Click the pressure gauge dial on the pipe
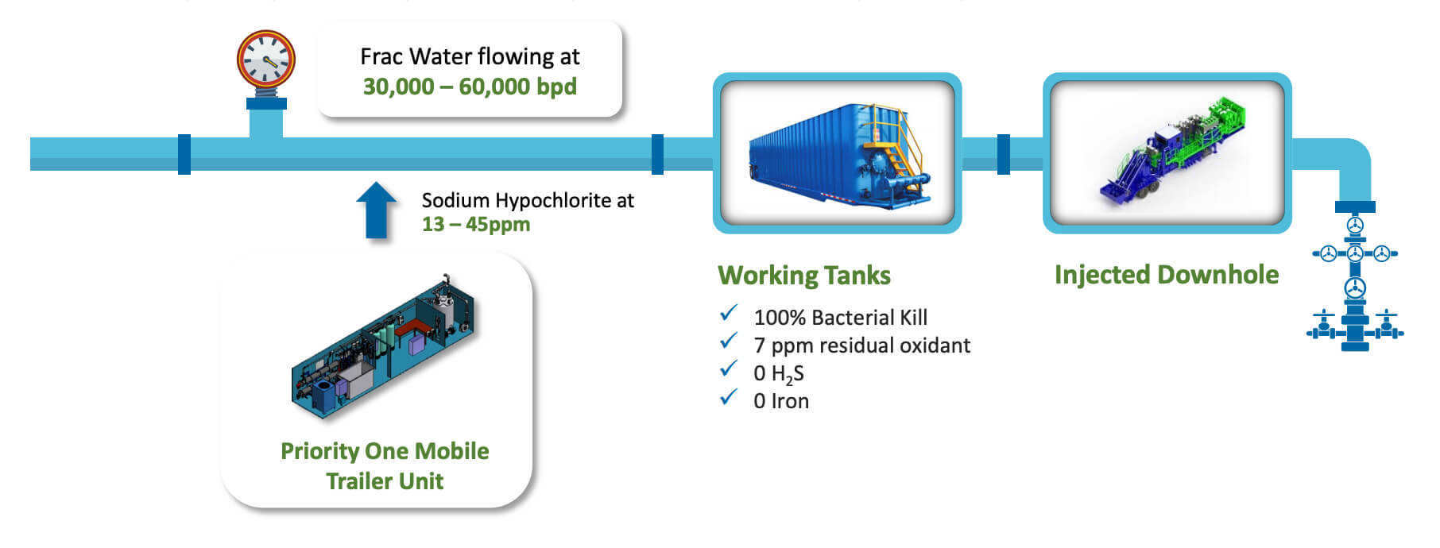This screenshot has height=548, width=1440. (x=266, y=60)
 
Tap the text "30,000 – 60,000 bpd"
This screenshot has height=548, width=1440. (x=470, y=87)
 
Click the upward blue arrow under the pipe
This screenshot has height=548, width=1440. (x=376, y=210)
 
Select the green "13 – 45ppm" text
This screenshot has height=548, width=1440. (x=475, y=225)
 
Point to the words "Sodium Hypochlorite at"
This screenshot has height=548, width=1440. (x=528, y=200)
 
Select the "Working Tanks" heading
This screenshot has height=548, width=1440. (x=804, y=276)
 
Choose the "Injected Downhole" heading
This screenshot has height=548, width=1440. (x=1167, y=275)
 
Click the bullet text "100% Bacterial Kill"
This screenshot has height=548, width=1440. (x=841, y=318)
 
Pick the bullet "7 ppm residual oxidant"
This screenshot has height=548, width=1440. (x=861, y=345)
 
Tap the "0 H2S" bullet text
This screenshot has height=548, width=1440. (x=779, y=374)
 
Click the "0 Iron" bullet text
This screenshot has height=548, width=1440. (x=781, y=401)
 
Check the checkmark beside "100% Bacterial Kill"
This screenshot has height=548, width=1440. (x=729, y=314)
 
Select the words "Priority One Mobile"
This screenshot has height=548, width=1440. (x=385, y=451)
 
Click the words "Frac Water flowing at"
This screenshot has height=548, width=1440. (x=470, y=56)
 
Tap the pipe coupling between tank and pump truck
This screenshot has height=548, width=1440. (x=1004, y=154)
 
